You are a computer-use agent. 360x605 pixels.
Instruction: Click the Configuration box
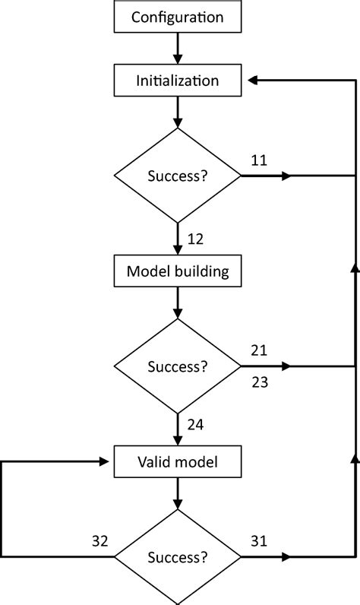click(x=178, y=17)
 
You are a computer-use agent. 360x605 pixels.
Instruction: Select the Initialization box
click(x=178, y=80)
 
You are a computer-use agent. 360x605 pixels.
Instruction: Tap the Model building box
click(x=178, y=271)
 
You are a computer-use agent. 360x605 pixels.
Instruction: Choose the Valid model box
click(x=178, y=461)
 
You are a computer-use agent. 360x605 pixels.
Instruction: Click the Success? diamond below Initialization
click(x=178, y=176)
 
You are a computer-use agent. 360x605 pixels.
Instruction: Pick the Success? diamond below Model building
click(x=178, y=367)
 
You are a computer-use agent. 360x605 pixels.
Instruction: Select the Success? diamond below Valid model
click(x=178, y=557)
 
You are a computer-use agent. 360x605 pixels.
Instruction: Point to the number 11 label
click(x=258, y=160)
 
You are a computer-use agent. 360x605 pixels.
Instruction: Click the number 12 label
click(x=195, y=239)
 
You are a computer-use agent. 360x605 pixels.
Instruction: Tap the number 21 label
click(x=258, y=350)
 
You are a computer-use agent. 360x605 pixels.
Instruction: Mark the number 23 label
click(x=259, y=383)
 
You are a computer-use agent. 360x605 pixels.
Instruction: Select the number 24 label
click(x=195, y=425)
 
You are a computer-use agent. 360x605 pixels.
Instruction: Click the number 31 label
click(x=258, y=541)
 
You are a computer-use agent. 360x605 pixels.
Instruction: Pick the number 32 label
click(x=99, y=541)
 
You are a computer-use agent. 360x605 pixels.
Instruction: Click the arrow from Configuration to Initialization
click(x=178, y=49)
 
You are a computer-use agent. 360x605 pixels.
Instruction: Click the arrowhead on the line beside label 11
click(x=286, y=176)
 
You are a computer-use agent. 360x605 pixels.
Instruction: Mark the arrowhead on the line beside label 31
click(x=286, y=557)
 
